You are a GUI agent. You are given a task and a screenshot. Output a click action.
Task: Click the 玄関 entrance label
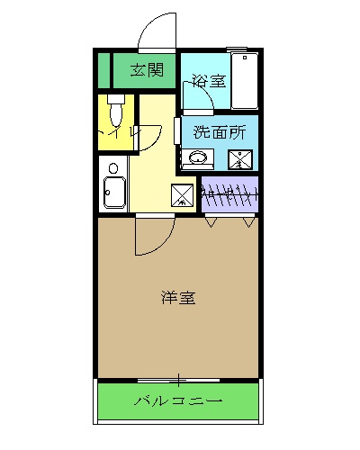click(146, 70)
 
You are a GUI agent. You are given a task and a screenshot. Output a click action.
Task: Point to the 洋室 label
click(179, 298)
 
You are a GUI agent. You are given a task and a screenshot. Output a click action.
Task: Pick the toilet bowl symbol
click(114, 112)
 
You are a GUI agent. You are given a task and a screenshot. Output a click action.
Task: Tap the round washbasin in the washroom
click(198, 159)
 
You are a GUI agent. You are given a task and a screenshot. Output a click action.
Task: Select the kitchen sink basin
click(113, 193)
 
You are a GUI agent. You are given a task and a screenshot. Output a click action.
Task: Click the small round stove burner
click(112, 167)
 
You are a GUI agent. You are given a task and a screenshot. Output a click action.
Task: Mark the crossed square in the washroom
click(241, 159)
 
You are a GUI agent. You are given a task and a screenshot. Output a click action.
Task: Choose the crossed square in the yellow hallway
click(183, 193)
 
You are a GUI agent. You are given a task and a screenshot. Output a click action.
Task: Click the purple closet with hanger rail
click(229, 193)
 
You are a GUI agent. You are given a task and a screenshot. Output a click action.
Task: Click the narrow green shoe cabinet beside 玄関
click(103, 70)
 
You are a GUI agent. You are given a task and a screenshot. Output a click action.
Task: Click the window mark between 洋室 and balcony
click(179, 378)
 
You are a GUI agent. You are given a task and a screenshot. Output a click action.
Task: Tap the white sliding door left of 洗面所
click(176, 130)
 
